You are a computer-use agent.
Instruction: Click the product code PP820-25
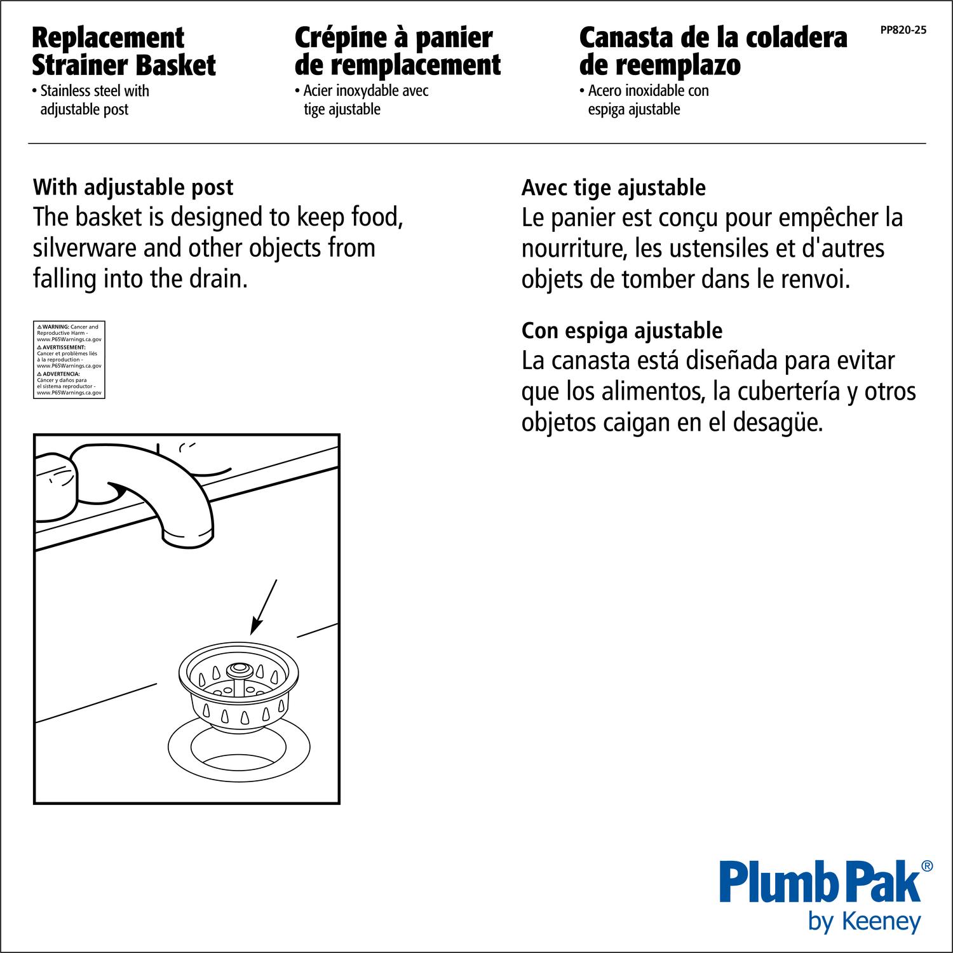tap(903, 30)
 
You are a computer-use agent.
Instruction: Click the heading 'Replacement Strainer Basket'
tap(124, 51)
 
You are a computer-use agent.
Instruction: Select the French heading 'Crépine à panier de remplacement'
tap(398, 51)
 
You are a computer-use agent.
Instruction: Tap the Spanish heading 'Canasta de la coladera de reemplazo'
tap(713, 51)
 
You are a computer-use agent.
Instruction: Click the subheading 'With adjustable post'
tap(133, 187)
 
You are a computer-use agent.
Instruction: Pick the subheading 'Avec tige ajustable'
tap(613, 188)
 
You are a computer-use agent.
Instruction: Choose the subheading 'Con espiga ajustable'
tap(622, 331)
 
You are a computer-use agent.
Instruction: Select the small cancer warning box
tap(69, 360)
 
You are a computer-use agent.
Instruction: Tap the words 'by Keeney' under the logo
tap(865, 921)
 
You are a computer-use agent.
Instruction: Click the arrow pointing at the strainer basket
tap(264, 607)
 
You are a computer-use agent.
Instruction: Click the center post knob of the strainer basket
tap(240, 668)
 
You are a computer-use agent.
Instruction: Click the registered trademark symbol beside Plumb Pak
tap(927, 866)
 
